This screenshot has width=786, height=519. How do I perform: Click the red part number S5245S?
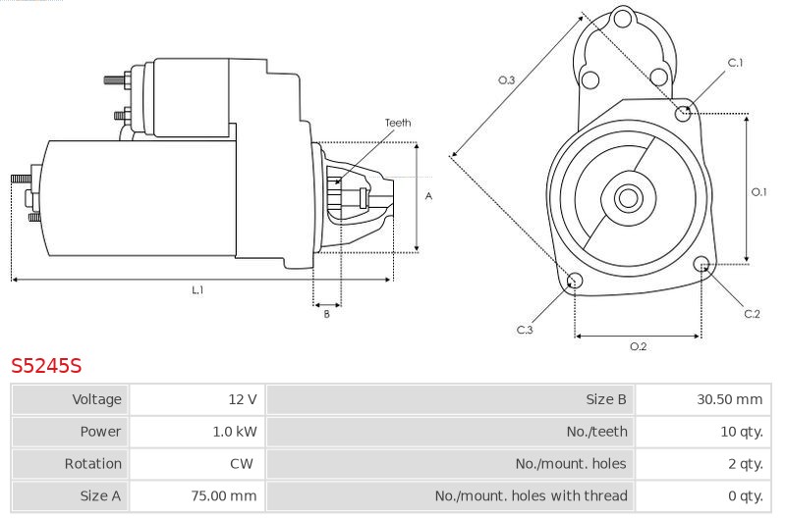click(x=46, y=366)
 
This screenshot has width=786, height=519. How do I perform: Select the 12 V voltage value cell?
click(x=243, y=399)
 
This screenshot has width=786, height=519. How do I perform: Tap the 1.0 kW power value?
click(x=235, y=432)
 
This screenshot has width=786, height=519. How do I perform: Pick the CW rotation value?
click(x=242, y=463)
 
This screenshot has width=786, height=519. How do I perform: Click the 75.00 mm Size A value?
click(x=224, y=495)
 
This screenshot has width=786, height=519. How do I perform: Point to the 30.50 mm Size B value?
click(x=729, y=399)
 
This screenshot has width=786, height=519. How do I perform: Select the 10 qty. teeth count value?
click(x=742, y=432)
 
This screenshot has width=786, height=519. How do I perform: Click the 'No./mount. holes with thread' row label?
click(x=532, y=495)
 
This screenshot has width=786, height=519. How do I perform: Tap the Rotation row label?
click(x=92, y=463)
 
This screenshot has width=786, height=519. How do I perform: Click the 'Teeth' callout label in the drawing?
click(x=398, y=123)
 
